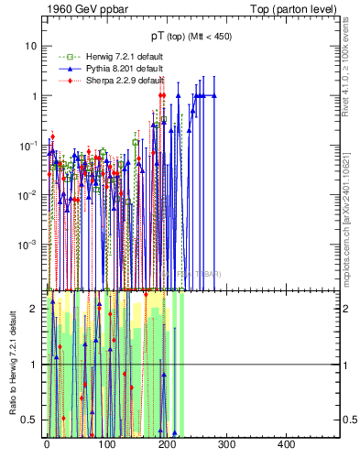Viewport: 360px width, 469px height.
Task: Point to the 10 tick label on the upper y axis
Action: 30,46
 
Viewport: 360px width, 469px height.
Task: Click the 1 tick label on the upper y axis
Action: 33,96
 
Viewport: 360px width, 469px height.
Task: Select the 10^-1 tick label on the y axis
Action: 27,146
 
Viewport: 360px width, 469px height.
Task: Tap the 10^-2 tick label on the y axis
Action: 27,195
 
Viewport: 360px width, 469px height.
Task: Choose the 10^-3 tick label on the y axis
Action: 27,245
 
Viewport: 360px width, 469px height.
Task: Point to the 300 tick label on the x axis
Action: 225,443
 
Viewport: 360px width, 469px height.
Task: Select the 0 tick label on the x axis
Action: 47,443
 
